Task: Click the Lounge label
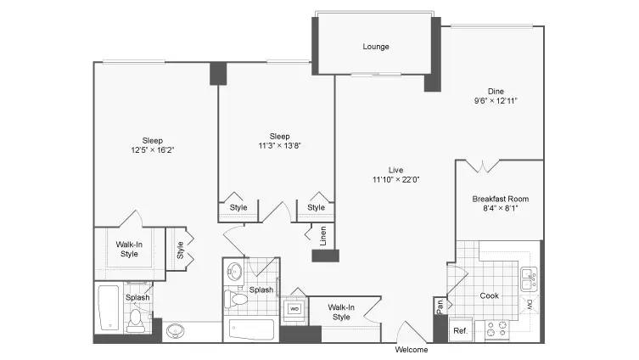click(375, 47)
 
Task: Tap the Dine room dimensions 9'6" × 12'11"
click(496, 100)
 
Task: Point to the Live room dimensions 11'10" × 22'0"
click(395, 179)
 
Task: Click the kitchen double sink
click(528, 274)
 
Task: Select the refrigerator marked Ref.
click(460, 330)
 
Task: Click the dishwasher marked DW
click(529, 303)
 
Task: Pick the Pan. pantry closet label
click(440, 303)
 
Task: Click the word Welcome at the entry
click(412, 349)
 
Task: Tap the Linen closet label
click(323, 235)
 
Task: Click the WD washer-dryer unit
click(294, 308)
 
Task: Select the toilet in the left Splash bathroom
click(136, 320)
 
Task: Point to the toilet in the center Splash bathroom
click(237, 298)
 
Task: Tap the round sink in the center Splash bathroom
click(235, 272)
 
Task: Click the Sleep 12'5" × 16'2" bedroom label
click(153, 145)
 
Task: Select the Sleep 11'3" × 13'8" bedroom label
click(279, 141)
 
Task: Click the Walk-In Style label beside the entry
click(341, 312)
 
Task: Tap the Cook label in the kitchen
click(489, 296)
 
